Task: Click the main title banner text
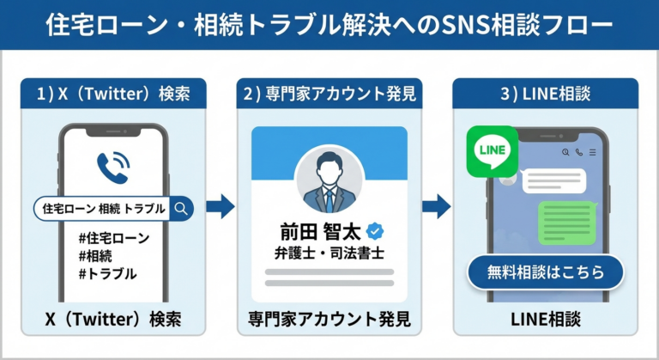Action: point(329,25)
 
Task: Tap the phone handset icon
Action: point(112,166)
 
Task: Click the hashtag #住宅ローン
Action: point(113,238)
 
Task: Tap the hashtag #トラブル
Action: point(106,274)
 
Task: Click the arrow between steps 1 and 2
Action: point(221,206)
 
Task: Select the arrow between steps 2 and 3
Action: point(438,206)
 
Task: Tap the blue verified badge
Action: point(374,231)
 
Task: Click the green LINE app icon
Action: point(492,152)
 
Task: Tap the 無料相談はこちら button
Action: point(545,272)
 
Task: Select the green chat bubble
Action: point(565,223)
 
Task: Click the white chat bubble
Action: point(553,180)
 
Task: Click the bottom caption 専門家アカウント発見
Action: point(329,319)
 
